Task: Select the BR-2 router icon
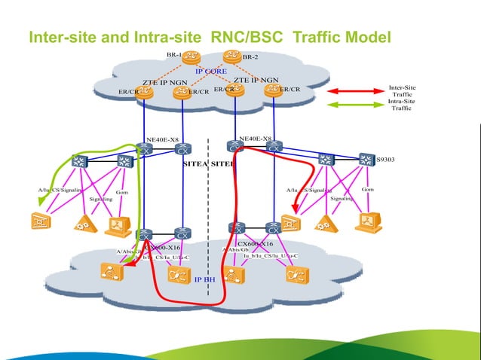[x=231, y=56]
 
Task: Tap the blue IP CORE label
[x=211, y=72]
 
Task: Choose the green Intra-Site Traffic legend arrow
[x=362, y=105]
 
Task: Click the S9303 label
[x=384, y=160]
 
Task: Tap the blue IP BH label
[x=205, y=279]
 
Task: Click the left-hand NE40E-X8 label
[x=162, y=139]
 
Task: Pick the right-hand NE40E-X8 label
[x=255, y=139]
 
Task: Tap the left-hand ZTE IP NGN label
[x=164, y=81]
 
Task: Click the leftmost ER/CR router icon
[x=144, y=92]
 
